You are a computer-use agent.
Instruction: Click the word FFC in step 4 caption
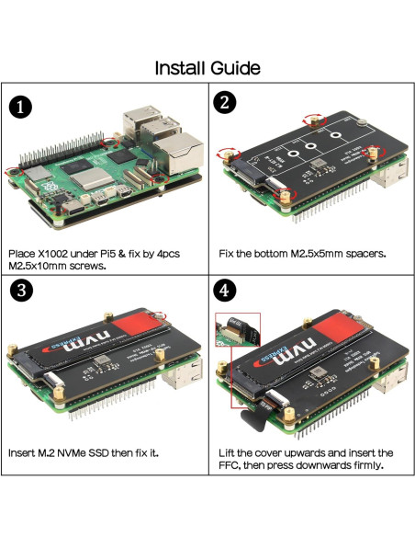tap(233, 467)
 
